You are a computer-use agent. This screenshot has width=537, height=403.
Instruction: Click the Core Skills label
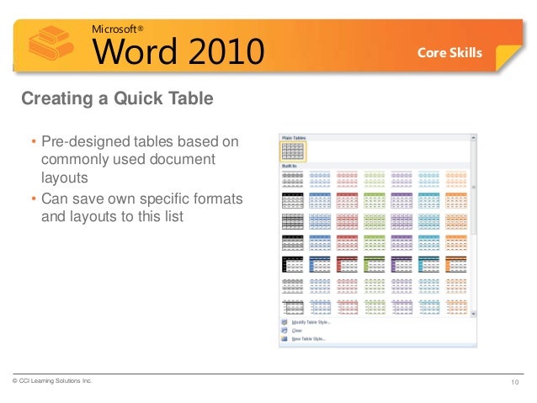tap(450, 53)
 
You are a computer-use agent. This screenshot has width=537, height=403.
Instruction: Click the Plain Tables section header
tap(294, 136)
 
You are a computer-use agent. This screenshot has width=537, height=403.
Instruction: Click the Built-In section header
tap(290, 167)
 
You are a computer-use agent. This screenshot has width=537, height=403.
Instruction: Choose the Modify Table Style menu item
tap(311, 322)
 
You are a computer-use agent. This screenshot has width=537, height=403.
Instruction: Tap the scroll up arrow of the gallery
tap(473, 136)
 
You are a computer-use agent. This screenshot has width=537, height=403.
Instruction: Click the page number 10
tap(516, 384)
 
